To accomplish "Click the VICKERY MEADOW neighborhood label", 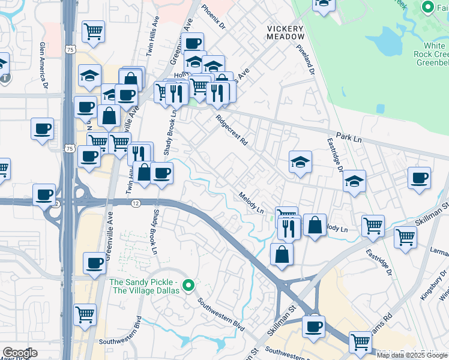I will (x=286, y=32).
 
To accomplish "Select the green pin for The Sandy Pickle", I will (x=188, y=286).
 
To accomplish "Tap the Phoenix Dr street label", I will (x=212, y=18).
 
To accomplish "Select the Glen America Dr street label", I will (x=43, y=61).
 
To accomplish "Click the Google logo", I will (x=20, y=353).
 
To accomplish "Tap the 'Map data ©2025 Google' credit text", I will (x=412, y=355).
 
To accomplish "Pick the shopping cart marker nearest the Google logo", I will (x=85, y=313).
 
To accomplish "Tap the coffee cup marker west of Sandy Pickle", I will (x=94, y=263).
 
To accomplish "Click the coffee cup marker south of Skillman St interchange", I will (x=313, y=326).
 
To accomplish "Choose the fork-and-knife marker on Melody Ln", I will (x=289, y=227).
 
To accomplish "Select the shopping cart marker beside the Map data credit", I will (x=360, y=341).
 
